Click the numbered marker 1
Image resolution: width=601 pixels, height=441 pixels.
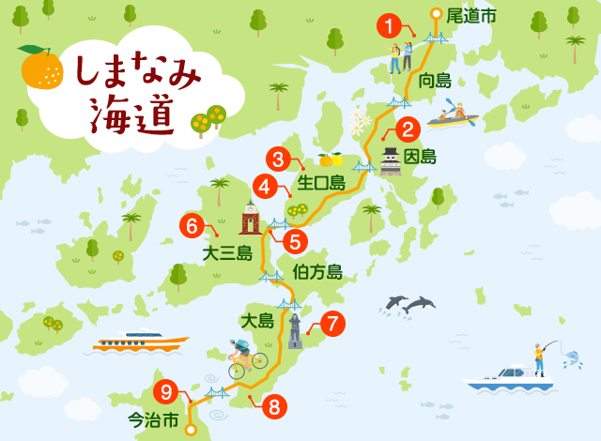tap(389, 25)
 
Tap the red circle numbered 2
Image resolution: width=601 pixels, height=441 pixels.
tap(408, 130)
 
